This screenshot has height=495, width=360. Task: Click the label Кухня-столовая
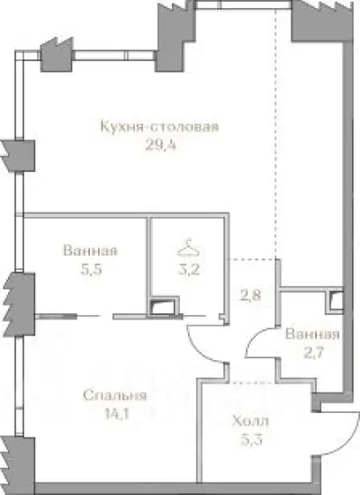tap(160, 126)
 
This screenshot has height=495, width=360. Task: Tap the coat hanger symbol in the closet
tap(186, 244)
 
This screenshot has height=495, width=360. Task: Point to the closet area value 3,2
tap(186, 267)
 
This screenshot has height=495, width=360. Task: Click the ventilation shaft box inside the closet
tap(164, 308)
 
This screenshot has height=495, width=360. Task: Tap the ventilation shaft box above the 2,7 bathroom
tap(335, 301)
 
